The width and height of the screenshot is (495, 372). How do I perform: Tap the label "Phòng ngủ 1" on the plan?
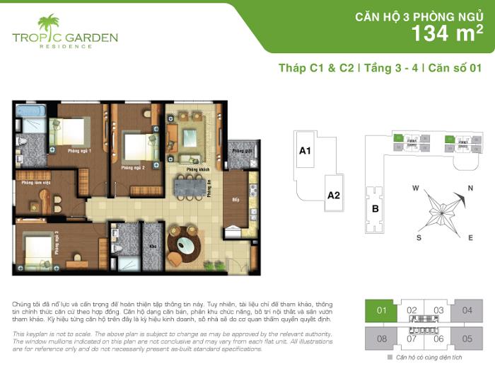click(78, 151)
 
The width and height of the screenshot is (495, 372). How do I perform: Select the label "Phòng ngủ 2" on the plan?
click(133, 169)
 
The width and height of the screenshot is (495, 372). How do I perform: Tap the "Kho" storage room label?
click(152, 247)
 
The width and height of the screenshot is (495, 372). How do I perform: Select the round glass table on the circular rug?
click(185, 244)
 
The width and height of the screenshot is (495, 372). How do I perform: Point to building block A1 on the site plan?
click(305, 151)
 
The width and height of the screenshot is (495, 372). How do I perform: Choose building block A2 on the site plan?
click(334, 196)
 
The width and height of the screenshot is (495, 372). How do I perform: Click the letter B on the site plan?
click(375, 208)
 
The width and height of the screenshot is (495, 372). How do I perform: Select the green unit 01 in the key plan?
click(382, 310)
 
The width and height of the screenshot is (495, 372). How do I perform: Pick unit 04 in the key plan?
click(467, 310)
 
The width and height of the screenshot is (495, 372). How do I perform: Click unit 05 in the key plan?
click(467, 339)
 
